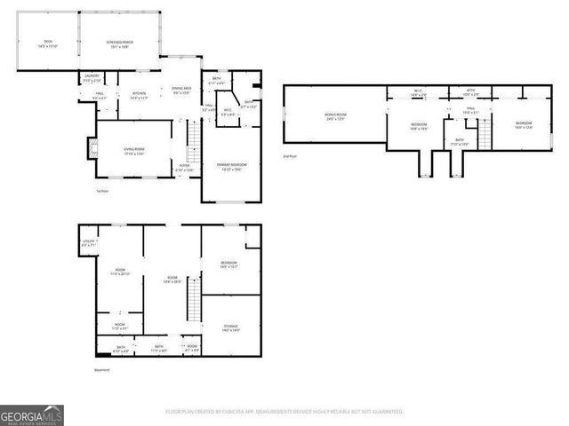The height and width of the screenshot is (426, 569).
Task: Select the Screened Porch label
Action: (x=119, y=43)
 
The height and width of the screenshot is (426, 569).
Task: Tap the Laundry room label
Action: (x=92, y=78)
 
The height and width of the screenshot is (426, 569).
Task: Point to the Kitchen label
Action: (x=140, y=94)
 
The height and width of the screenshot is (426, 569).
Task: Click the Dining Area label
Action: (x=181, y=90)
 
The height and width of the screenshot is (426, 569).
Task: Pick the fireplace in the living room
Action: (x=90, y=147)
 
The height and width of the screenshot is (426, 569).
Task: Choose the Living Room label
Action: (x=133, y=151)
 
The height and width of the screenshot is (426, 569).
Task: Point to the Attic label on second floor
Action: (x=470, y=91)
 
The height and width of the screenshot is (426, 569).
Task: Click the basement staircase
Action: (x=189, y=305)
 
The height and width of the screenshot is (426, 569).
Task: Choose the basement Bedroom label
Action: (x=228, y=263)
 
